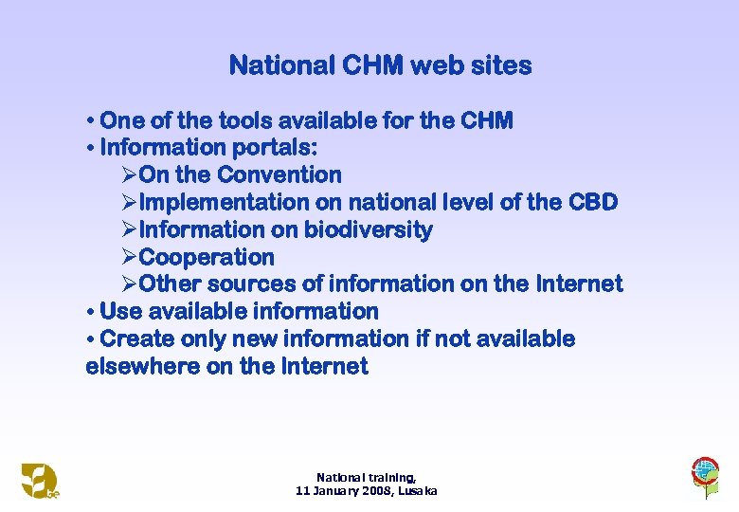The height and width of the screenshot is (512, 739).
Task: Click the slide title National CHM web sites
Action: click(380, 65)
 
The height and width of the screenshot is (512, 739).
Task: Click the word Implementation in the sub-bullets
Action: click(224, 203)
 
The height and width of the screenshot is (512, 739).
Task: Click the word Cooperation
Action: click(207, 258)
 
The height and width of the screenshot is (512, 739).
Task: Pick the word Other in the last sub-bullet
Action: click(170, 284)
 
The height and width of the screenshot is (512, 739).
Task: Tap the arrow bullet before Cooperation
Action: click(130, 258)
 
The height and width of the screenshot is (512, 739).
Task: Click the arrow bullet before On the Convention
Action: click(130, 175)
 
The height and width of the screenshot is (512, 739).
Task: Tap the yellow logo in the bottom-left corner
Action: click(39, 481)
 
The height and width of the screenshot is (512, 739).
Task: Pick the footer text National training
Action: click(366, 478)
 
